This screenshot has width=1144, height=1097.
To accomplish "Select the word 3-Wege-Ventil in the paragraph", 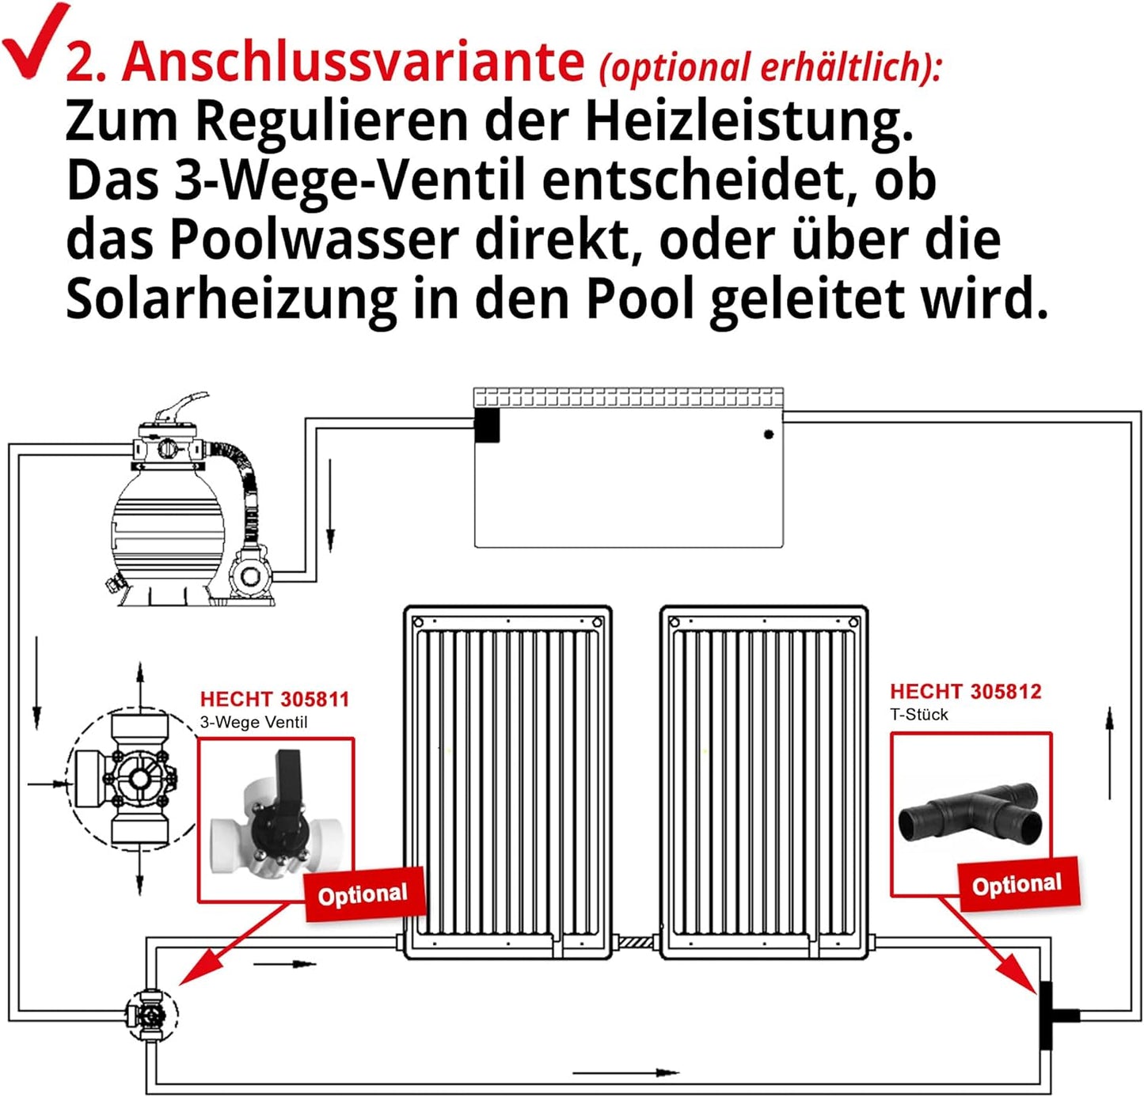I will tap(348, 180).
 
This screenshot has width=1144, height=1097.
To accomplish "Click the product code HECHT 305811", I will tap(274, 699).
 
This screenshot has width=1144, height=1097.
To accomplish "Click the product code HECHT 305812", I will tap(965, 691).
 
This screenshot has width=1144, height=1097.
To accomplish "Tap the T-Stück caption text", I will tap(918, 715).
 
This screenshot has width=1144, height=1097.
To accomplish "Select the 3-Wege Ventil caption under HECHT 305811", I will tap(253, 722).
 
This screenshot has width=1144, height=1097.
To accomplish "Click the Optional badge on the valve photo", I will tap(363, 894).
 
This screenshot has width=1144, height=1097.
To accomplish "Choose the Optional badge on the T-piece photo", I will tap(1017, 884).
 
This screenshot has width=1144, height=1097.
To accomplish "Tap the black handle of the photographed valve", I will tap(287, 780).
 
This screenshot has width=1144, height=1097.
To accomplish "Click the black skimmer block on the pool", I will tap(487, 424).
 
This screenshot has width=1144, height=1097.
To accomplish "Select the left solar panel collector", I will tap(507, 780).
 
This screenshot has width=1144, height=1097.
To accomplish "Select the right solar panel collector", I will tap(763, 780).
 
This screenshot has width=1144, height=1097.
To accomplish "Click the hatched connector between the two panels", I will tap(636, 943).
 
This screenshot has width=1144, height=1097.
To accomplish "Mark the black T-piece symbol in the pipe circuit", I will tap(1049, 1015).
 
